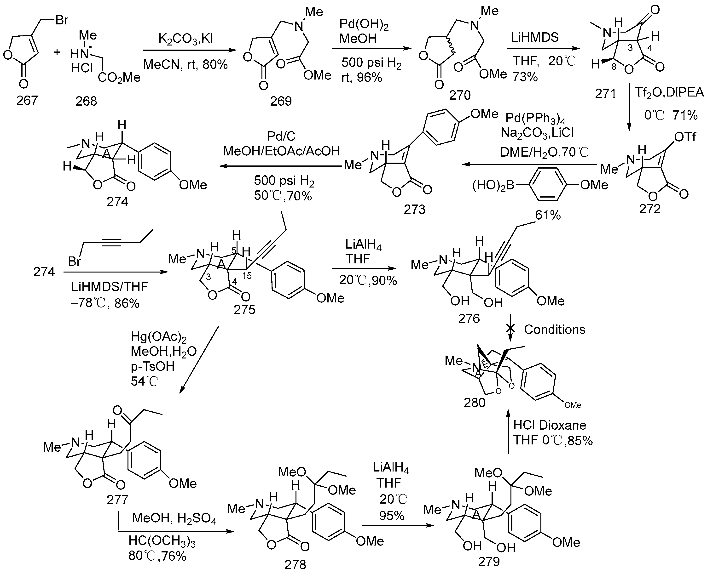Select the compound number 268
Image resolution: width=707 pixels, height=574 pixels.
(86, 101)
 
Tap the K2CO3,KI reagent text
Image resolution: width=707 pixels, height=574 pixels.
(185, 39)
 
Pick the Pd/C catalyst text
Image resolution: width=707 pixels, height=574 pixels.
(281, 136)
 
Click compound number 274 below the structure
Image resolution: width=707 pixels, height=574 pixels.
(117, 201)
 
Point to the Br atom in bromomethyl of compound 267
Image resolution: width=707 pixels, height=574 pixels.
(62, 20)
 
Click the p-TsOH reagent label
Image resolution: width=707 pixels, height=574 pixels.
(152, 366)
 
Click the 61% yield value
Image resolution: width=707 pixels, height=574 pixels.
(548, 215)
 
